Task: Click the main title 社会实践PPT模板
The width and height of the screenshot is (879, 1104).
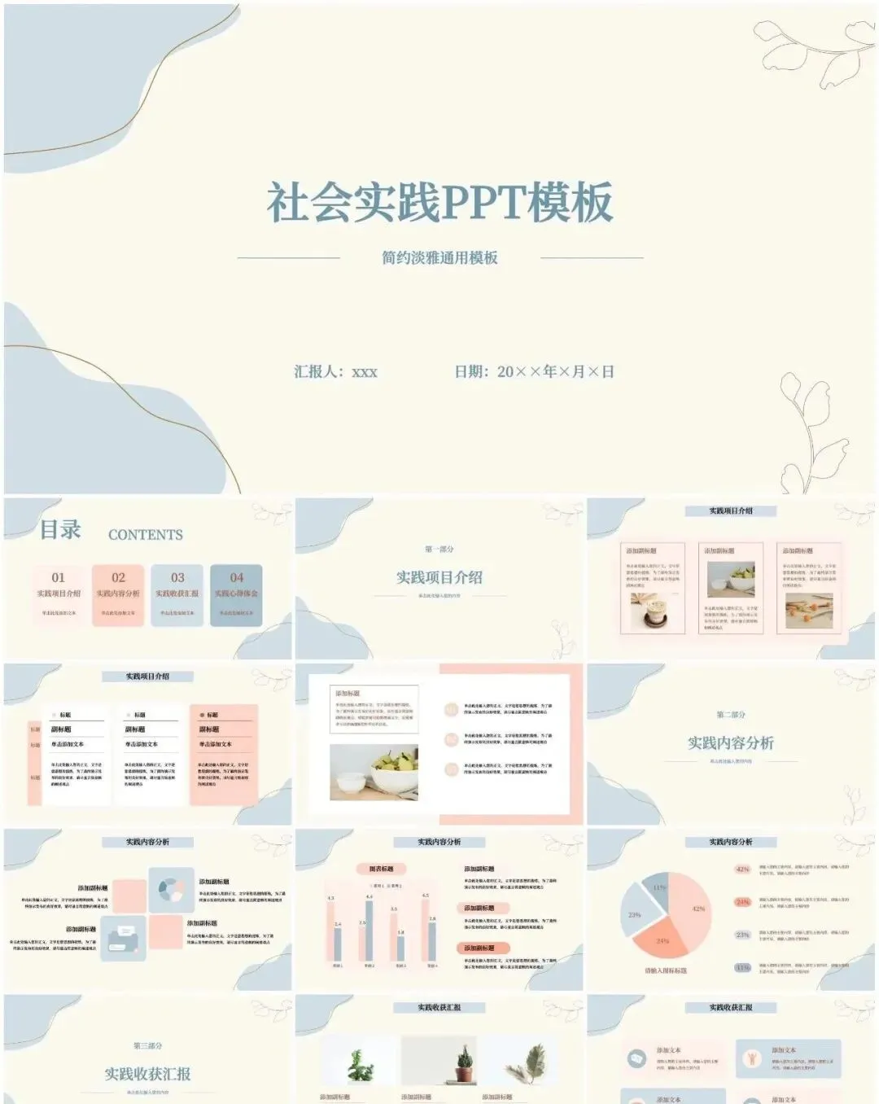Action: [439, 203]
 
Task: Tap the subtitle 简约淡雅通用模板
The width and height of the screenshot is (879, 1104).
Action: [439, 258]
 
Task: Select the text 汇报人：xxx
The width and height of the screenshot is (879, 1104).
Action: [335, 372]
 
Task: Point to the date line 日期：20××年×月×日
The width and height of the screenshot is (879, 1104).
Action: [534, 372]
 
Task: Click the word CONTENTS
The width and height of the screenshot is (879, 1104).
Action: [146, 535]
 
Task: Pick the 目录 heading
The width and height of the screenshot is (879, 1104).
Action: [61, 530]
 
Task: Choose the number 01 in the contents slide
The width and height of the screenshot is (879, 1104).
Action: [58, 577]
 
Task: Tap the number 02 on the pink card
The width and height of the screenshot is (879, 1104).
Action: [119, 577]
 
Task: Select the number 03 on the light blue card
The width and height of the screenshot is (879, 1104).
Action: [177, 577]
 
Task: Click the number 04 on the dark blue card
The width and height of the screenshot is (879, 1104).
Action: [236, 577]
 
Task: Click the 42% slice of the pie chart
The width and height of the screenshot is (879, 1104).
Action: [692, 904]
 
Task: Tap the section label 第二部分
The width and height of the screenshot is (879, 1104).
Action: [731, 715]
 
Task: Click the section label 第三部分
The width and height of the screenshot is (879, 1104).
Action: [148, 1045]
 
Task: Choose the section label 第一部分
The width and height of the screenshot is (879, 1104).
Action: [439, 550]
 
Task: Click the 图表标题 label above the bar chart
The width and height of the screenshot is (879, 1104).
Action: [381, 869]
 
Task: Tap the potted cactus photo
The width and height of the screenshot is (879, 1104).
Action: [464, 1062]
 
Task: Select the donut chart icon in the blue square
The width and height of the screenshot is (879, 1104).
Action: [171, 889]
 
